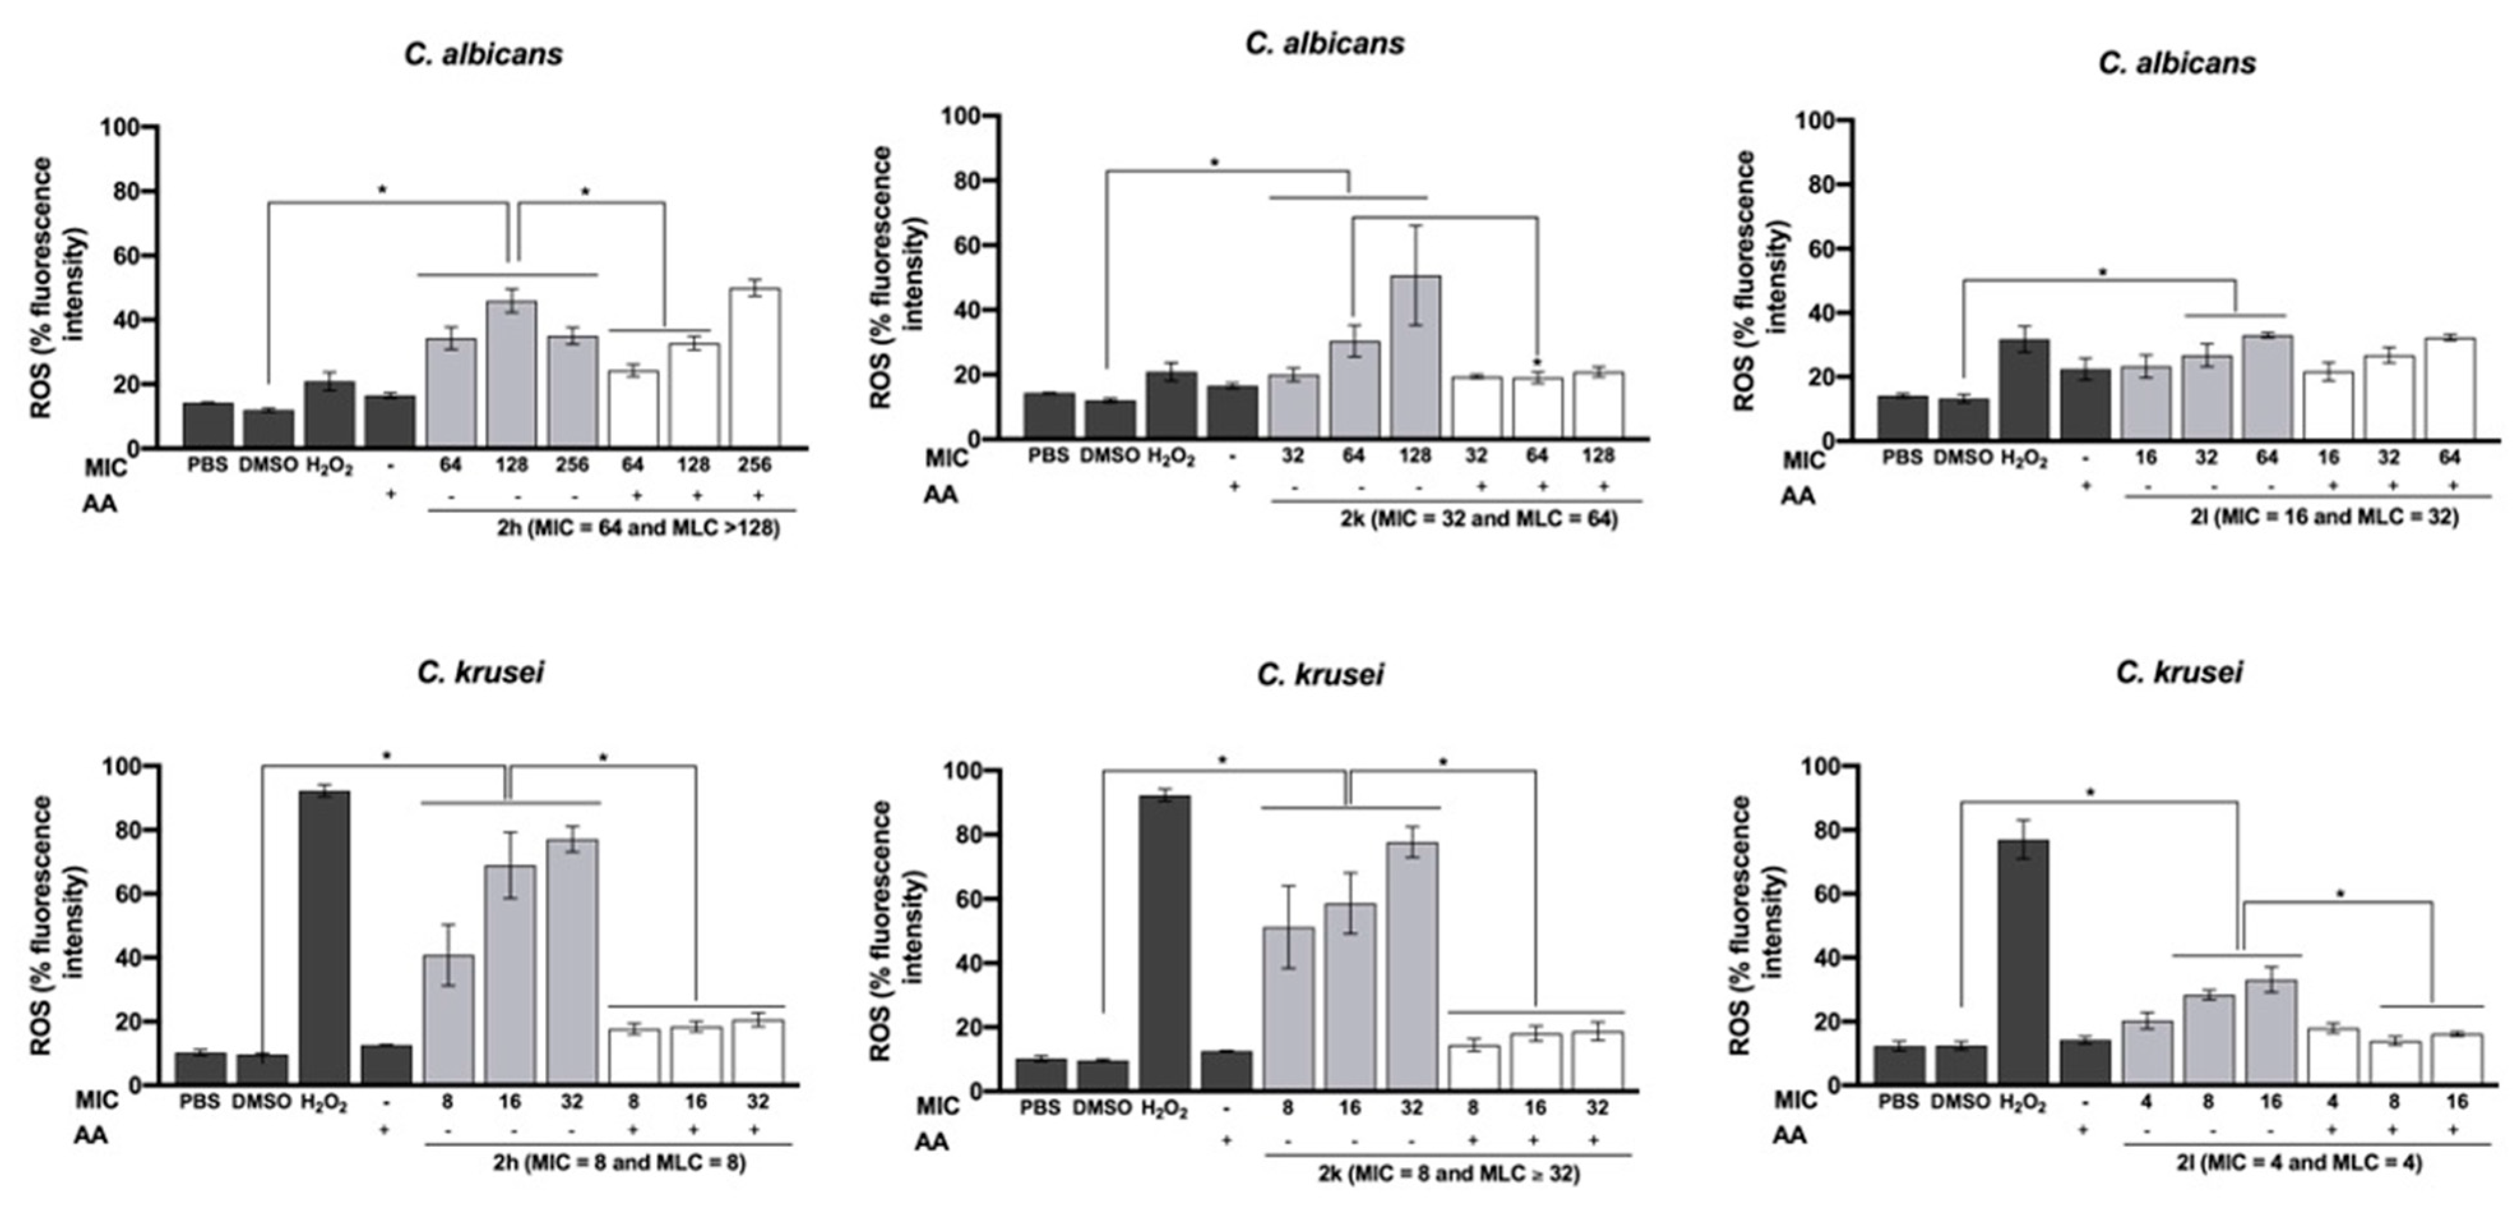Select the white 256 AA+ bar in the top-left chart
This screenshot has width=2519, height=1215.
coord(754,368)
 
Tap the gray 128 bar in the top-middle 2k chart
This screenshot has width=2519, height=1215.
coord(1415,357)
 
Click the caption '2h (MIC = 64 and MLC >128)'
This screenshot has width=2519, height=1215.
coord(638,529)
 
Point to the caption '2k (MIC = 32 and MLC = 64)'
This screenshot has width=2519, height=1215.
coord(1478,518)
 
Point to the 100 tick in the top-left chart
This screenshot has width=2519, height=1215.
coord(121,127)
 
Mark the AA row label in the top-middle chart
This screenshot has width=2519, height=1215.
coord(941,494)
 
